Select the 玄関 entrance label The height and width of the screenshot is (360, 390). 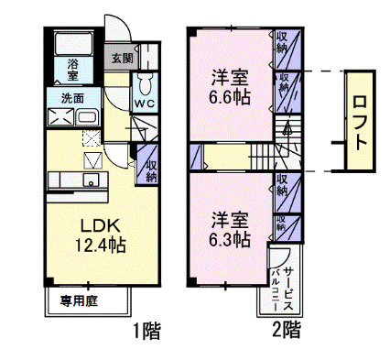[x=122, y=59]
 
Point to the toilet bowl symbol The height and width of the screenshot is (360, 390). [x=144, y=84]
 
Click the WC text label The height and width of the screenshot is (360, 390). [x=145, y=104]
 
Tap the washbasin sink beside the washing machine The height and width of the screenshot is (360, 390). [x=87, y=116]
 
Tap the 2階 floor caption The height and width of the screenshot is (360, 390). [x=287, y=328]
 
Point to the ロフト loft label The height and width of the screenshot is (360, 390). [x=361, y=117]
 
